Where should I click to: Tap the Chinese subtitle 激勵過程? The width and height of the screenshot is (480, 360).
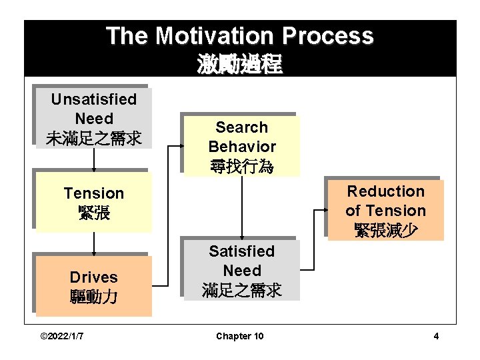click(239, 65)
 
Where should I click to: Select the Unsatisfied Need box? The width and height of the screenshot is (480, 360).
click(93, 119)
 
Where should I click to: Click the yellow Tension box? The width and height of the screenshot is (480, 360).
click(93, 203)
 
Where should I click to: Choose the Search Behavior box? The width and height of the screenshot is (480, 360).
click(241, 146)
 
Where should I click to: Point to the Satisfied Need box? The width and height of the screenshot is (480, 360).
click(241, 271)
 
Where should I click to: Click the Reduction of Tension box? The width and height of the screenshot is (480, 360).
click(385, 211)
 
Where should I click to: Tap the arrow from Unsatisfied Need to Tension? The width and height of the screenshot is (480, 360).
click(94, 160)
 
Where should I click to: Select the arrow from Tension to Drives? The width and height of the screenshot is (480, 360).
click(94, 244)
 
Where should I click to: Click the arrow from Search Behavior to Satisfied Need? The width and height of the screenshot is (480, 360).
click(241, 207)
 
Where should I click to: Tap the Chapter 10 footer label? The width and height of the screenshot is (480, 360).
click(239, 336)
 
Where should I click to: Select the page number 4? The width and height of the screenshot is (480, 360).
click(436, 336)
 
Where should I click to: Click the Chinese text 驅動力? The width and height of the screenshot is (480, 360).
click(93, 296)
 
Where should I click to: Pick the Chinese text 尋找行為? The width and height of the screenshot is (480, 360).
click(241, 165)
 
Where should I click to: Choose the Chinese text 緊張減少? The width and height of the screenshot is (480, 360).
click(385, 230)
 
